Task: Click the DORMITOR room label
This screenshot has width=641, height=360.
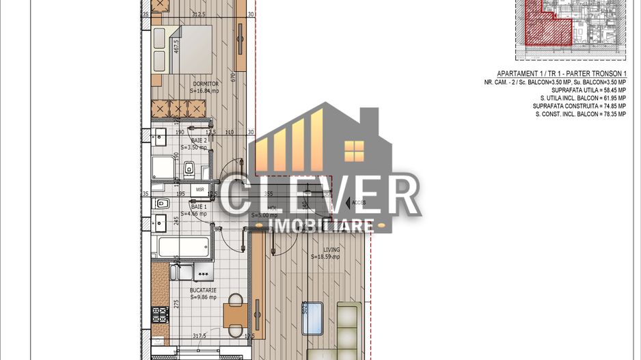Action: click(x=205, y=84)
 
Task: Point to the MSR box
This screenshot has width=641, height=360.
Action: click(x=200, y=189)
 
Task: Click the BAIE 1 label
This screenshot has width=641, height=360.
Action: click(x=198, y=206)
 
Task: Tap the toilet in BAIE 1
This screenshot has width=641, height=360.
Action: click(x=162, y=203)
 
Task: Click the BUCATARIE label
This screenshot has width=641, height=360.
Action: click(x=203, y=290)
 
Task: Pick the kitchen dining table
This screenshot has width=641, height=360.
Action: click(x=235, y=315)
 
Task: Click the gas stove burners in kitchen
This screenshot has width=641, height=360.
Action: click(x=159, y=315)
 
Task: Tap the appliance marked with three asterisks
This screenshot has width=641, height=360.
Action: click(x=202, y=274)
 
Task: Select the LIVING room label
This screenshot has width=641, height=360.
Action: click(x=331, y=249)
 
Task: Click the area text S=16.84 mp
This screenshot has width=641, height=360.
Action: click(x=204, y=91)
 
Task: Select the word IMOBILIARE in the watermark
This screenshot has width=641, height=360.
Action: click(x=322, y=225)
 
